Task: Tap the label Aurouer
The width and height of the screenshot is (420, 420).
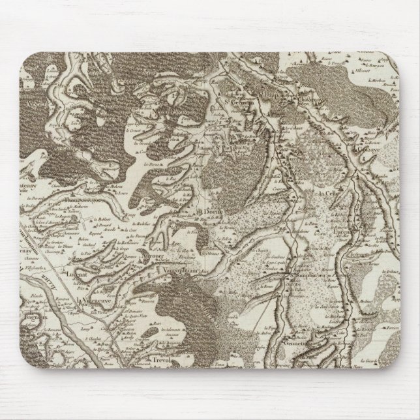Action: (x=151, y=256)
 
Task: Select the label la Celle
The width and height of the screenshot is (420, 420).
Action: (x=330, y=194)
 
